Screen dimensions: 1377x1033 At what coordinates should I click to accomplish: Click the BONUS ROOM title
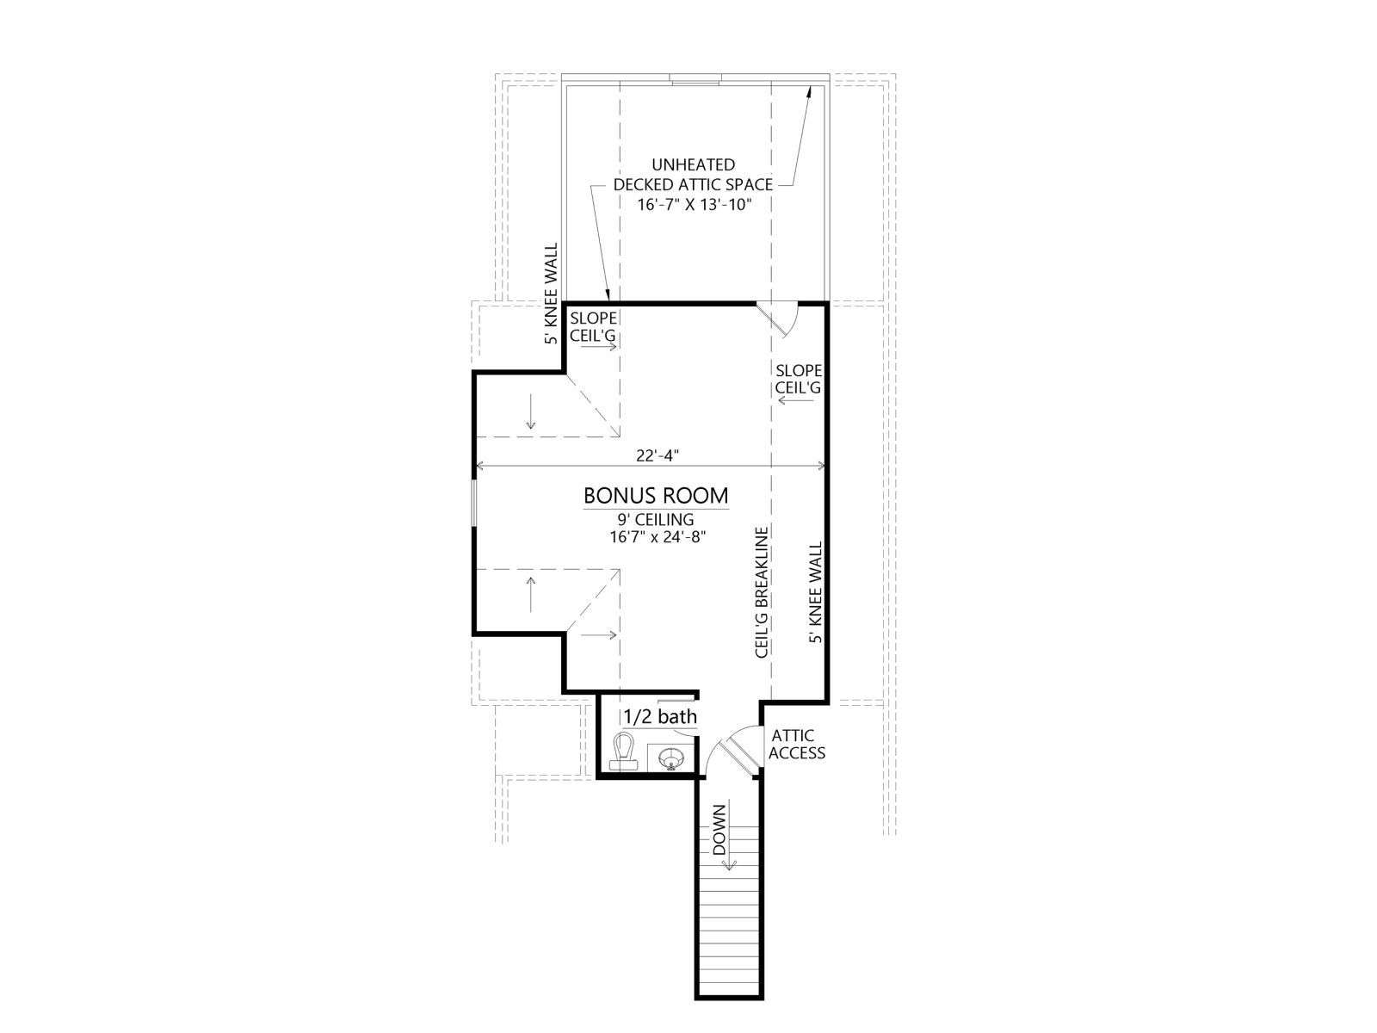656,496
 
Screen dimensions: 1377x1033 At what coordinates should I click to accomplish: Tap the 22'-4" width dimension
658,456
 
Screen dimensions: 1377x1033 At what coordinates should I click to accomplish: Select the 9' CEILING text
656,519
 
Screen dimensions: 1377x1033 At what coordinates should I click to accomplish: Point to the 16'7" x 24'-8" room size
656,537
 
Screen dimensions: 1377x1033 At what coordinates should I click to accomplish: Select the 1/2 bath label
660,716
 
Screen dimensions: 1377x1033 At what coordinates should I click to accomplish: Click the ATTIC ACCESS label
797,745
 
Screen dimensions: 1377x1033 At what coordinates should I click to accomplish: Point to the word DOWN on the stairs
719,830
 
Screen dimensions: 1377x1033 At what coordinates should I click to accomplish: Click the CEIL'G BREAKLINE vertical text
762,592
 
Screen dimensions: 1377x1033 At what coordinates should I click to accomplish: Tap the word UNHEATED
693,165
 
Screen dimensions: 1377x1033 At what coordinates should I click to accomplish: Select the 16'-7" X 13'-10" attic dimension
694,205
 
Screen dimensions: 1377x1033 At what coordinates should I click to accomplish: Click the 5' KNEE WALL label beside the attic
551,294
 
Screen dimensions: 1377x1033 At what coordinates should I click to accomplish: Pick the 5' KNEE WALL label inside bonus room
815,593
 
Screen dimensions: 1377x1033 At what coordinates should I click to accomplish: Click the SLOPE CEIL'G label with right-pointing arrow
593,328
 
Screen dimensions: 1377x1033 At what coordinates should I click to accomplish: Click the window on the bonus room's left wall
475,503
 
